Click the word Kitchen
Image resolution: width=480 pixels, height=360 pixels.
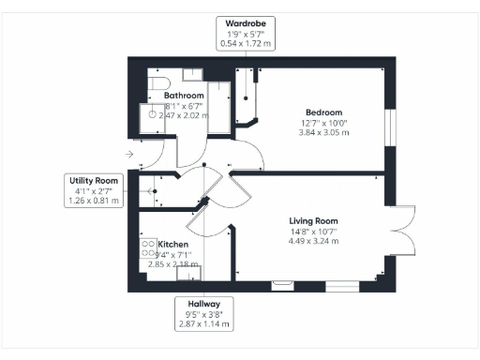click(173, 244)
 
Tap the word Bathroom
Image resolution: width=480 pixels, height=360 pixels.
click(185, 96)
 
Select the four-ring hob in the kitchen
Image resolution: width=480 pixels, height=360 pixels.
click(148, 248)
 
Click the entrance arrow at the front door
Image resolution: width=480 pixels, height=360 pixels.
click(128, 155)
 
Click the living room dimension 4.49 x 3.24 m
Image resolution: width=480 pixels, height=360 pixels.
click(313, 242)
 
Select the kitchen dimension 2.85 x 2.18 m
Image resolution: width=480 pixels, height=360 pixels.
click(173, 264)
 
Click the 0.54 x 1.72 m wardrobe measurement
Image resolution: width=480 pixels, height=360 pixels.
click(246, 42)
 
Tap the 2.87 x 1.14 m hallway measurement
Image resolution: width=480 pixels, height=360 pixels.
click(203, 324)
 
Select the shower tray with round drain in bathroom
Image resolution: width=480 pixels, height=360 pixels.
click(150, 113)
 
